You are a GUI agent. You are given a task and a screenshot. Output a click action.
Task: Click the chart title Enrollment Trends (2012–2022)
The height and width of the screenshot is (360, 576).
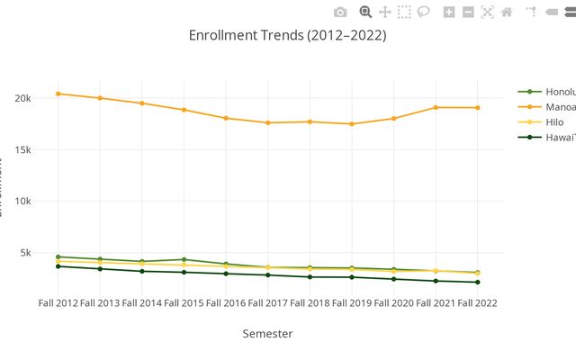(x=287, y=36)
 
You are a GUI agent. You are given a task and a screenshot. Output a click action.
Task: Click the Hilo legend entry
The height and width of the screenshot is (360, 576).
(x=554, y=122)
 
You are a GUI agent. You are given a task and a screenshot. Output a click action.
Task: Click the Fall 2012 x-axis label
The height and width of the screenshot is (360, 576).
(x=58, y=303)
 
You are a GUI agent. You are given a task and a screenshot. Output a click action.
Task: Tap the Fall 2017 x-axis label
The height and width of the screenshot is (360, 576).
(x=267, y=303)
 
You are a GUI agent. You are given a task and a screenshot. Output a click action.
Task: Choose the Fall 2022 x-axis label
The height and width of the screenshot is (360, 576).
(x=477, y=303)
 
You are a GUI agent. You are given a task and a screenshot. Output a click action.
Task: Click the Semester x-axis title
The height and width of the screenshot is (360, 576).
(x=267, y=334)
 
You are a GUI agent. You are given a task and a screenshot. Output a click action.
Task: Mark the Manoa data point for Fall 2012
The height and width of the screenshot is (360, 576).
(x=58, y=94)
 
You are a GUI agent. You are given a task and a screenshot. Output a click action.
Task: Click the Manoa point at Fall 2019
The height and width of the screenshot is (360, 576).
(x=352, y=124)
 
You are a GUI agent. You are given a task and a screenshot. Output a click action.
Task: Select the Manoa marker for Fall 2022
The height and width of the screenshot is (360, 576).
(x=477, y=108)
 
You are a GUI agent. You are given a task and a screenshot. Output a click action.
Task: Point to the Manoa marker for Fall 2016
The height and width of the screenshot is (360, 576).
(x=226, y=118)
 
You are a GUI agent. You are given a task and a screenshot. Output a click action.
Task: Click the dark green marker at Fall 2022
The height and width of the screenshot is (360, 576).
(x=477, y=283)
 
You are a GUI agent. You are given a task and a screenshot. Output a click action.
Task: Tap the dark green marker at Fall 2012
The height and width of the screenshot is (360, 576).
(x=58, y=266)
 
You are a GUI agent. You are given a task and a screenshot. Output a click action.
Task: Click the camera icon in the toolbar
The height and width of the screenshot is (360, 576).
(x=340, y=12)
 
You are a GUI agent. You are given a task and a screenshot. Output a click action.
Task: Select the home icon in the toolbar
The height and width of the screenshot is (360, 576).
(x=507, y=12)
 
